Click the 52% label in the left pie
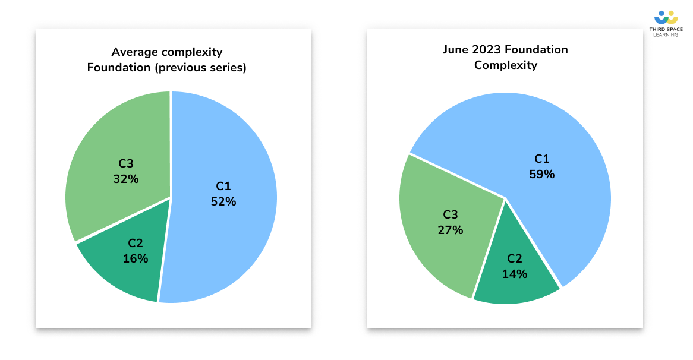coord(223,202)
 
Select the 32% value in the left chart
coord(126,179)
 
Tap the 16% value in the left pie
coord(136,258)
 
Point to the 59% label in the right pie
coord(541,175)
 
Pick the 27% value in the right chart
coord(451,230)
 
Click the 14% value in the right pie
coord(515,274)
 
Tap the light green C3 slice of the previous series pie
coord(107,149)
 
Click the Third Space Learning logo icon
coord(665,17)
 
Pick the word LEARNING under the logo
coord(665,34)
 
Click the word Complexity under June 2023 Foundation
coord(505,65)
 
